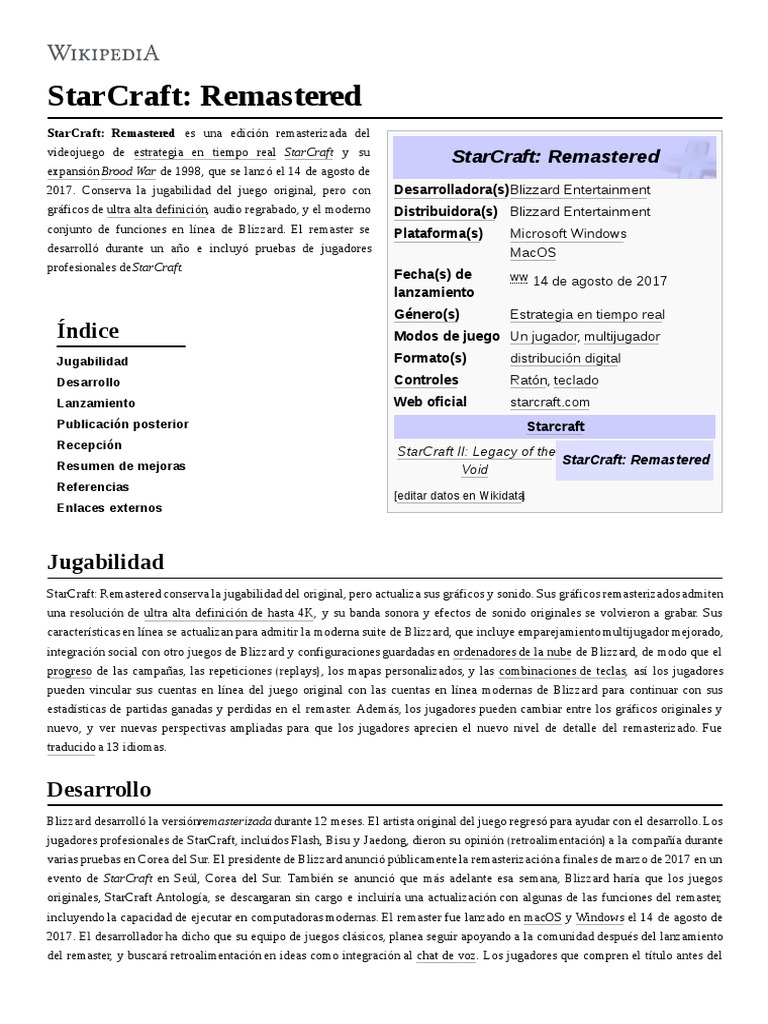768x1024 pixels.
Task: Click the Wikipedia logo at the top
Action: click(x=103, y=53)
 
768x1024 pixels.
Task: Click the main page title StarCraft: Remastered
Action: click(x=204, y=96)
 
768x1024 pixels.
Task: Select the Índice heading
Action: click(x=88, y=330)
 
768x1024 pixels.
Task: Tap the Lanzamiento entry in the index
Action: click(x=96, y=403)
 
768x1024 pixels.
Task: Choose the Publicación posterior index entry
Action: click(x=122, y=424)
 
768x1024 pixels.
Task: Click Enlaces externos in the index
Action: click(x=109, y=508)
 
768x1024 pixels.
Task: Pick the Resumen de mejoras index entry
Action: click(x=121, y=466)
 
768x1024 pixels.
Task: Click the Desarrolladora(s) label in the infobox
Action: click(x=451, y=190)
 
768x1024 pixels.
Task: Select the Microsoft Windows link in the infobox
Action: click(x=568, y=234)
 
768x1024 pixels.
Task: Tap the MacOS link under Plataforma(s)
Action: click(x=532, y=253)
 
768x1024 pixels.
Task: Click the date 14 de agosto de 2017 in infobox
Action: click(x=599, y=281)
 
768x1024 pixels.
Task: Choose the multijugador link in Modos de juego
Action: click(x=621, y=337)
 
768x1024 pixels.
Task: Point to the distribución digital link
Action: click(x=565, y=359)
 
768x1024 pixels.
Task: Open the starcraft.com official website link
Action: click(x=549, y=403)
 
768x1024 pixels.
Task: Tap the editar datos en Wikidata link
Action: click(x=459, y=496)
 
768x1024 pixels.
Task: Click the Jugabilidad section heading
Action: click(x=105, y=561)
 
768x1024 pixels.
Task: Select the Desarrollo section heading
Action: click(x=99, y=790)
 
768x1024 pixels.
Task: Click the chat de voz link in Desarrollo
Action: click(x=445, y=956)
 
